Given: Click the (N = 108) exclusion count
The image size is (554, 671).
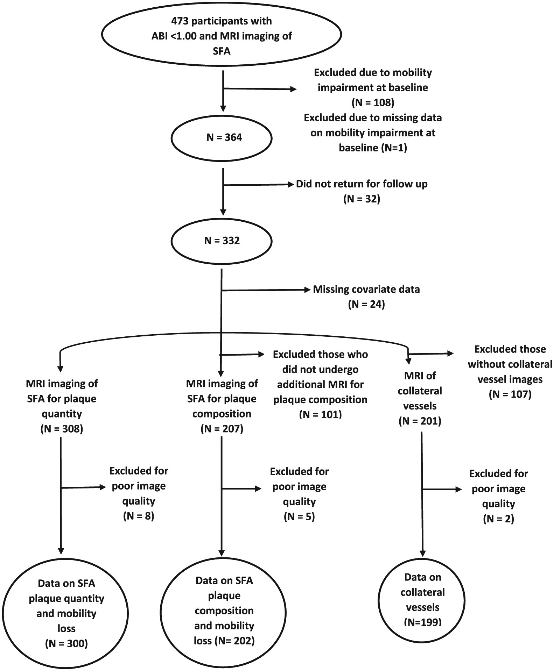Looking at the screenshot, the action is tap(373, 102).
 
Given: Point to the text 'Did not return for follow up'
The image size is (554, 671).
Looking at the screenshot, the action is tap(362, 184).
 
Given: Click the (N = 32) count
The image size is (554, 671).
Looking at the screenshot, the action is tap(362, 199).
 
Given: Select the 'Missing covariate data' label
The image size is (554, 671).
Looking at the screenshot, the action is tap(366, 289).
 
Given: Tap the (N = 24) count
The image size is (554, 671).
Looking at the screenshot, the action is tap(366, 304).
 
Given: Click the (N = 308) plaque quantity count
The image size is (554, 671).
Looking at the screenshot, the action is tap(62, 429).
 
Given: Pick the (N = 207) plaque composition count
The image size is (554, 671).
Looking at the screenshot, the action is tap(222, 429).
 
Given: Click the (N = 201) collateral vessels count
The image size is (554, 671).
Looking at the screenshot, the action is tap(420, 421).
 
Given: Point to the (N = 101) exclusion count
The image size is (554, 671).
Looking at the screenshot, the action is tap(321, 414).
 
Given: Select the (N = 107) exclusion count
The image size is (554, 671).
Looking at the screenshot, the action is tap(510, 394).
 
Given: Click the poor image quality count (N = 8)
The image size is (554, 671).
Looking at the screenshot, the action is tap(139, 516).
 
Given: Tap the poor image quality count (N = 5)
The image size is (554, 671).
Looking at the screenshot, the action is tap(300, 517).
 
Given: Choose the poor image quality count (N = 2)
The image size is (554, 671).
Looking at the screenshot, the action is tap(499, 519).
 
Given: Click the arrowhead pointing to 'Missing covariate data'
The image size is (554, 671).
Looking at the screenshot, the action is tap(308, 290).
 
